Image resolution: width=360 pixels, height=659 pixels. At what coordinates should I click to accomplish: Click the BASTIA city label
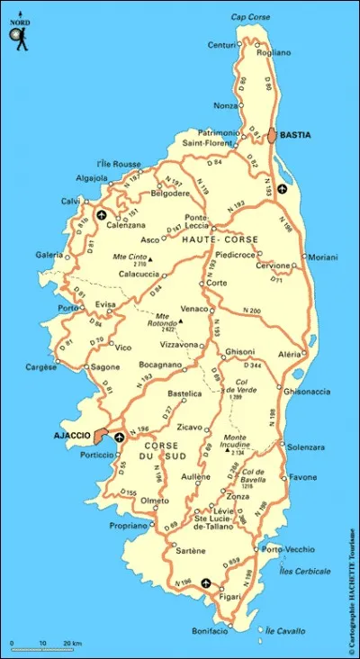[x=295, y=135]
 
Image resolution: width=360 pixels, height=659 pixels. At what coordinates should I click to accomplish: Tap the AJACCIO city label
[x=72, y=436]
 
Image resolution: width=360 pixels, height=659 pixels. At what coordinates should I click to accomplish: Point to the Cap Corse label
[x=250, y=17]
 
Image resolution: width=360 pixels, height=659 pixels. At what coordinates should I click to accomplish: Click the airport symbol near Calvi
[x=101, y=215]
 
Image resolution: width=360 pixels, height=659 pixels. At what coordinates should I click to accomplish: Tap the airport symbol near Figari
[x=208, y=582]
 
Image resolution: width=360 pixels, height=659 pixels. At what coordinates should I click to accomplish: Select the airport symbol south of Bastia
[x=283, y=189]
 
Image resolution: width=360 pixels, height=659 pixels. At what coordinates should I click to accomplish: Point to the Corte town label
[x=216, y=283]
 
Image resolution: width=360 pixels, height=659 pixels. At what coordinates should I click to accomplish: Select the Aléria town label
[x=290, y=355]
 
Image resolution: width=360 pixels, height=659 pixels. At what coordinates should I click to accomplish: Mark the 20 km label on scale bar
[x=72, y=643]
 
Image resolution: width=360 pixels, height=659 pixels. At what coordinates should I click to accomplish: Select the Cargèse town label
[x=40, y=367]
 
